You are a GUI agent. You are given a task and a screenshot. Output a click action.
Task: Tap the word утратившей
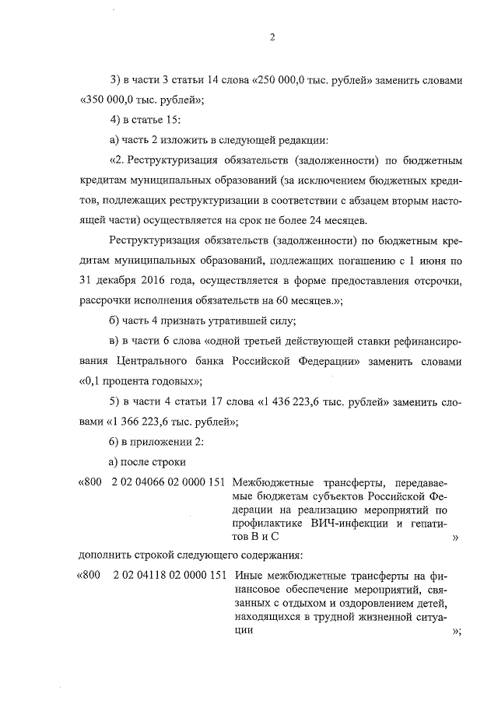click(212, 320)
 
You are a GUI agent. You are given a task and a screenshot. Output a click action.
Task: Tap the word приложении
click(158, 442)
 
